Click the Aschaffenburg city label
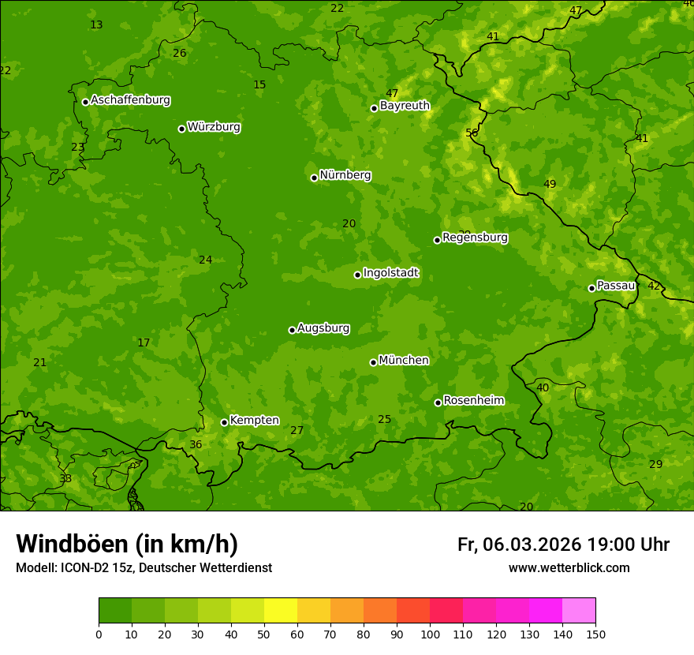(x=130, y=100)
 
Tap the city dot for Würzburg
(x=181, y=129)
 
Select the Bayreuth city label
(x=405, y=105)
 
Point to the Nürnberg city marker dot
(x=314, y=178)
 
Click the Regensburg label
(x=475, y=237)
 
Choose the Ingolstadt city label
(x=390, y=273)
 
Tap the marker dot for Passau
(x=591, y=288)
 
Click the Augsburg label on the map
(x=323, y=327)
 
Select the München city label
(x=404, y=360)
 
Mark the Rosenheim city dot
(x=438, y=402)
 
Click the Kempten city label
(x=254, y=420)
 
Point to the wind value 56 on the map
(x=472, y=133)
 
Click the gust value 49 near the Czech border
(x=550, y=184)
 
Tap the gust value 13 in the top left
(x=96, y=24)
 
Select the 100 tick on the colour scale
(x=430, y=634)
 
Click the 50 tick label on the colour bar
(x=264, y=634)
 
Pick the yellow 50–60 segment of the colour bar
(x=281, y=611)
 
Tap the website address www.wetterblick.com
(x=569, y=567)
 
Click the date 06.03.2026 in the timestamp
(x=532, y=545)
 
